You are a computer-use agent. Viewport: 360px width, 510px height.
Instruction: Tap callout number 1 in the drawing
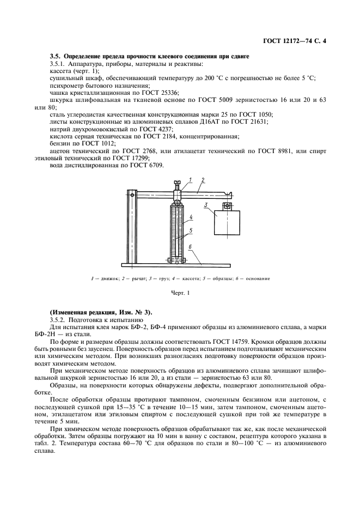click(x=191, y=179)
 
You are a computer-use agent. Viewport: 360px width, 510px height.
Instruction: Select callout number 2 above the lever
click(x=203, y=179)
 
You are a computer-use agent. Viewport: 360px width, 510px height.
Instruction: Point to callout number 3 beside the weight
click(x=207, y=205)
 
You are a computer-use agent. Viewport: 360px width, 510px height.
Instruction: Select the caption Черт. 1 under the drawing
click(x=179, y=294)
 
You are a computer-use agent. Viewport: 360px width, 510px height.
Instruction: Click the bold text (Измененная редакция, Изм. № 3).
click(x=101, y=312)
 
